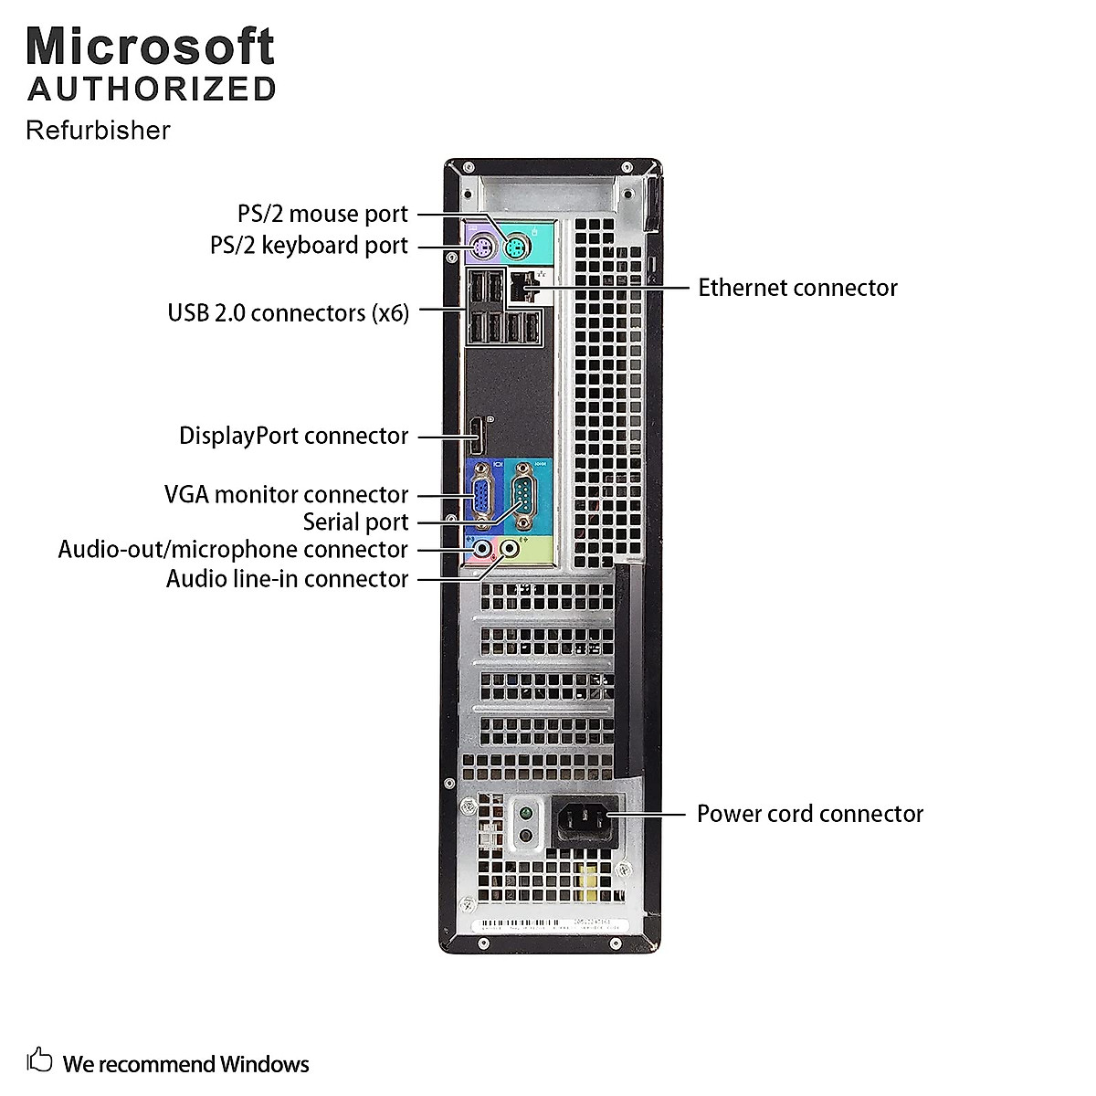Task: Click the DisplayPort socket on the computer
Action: point(476,436)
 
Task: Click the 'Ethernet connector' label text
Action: point(797,288)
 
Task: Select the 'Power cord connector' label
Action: point(809,814)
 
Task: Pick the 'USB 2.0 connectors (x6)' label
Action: point(288,312)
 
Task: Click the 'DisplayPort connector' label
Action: point(293,436)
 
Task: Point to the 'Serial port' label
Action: point(355,522)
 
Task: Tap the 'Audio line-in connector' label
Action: point(287,579)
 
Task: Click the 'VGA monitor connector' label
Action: point(286,495)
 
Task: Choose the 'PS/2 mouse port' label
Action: point(322,214)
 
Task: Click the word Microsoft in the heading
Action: point(151,46)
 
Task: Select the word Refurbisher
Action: point(98,131)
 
